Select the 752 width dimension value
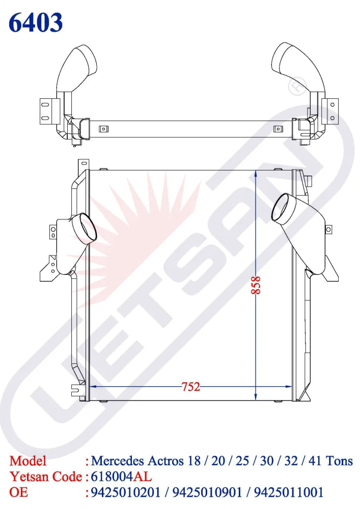point(190,387)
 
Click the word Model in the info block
point(28,461)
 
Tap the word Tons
point(339,461)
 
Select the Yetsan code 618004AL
point(121,477)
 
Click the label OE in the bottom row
point(18,492)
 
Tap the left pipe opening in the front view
point(85,227)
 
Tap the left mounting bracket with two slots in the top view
point(46,111)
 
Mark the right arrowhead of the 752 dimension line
point(288,387)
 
